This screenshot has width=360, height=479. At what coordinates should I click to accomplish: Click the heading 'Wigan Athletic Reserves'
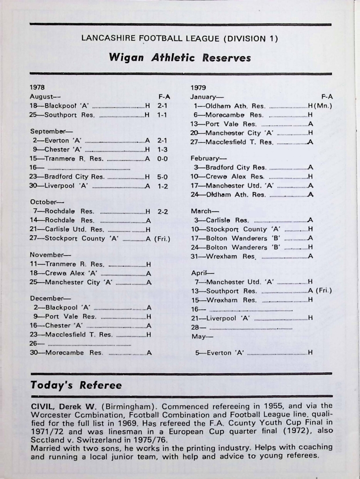coord(180,58)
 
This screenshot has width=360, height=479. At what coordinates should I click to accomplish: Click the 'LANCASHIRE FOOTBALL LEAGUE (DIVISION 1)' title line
coord(180,39)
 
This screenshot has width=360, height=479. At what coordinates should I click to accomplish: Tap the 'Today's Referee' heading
coord(76,385)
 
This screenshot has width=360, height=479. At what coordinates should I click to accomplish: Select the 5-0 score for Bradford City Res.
coord(162,177)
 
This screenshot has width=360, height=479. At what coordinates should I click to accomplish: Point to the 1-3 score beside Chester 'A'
coord(162,150)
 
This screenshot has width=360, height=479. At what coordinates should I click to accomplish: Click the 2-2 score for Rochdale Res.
coord(162,211)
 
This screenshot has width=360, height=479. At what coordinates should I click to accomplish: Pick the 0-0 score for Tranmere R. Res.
coord(162,159)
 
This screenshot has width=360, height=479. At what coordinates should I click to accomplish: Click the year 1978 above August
coord(37,87)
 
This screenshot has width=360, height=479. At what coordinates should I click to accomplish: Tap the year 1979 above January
coord(198,87)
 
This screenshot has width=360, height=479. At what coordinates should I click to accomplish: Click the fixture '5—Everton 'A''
coord(220,353)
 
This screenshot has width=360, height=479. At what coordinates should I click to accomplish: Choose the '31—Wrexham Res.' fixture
coord(223,256)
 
